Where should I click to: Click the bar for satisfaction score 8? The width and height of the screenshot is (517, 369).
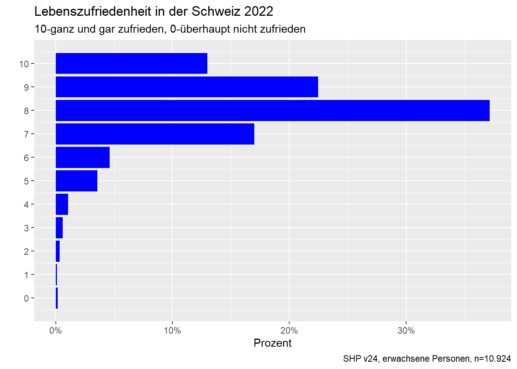[272, 111]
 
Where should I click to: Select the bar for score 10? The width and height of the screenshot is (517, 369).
[132, 63]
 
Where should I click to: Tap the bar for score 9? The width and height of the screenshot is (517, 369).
[187, 87]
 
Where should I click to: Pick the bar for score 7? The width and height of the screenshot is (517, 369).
[155, 134]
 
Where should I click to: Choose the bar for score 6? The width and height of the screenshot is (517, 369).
[83, 158]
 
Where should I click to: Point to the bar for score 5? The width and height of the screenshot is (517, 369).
[77, 181]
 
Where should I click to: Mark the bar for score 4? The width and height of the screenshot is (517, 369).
[62, 204]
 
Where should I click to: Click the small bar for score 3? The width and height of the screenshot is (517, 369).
[59, 228]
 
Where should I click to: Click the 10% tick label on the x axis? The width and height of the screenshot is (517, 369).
[172, 331]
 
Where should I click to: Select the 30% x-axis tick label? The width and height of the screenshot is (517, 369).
[406, 331]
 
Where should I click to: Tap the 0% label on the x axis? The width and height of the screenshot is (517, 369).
[56, 331]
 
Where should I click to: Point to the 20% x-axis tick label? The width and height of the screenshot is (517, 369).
[289, 331]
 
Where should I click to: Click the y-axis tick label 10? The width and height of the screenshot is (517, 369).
[24, 64]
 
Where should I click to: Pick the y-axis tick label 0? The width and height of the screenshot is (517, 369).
[26, 299]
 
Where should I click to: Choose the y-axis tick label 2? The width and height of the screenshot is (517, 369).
[26, 252]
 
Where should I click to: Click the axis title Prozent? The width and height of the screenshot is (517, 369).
[272, 343]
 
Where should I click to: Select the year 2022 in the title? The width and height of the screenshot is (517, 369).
[258, 12]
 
